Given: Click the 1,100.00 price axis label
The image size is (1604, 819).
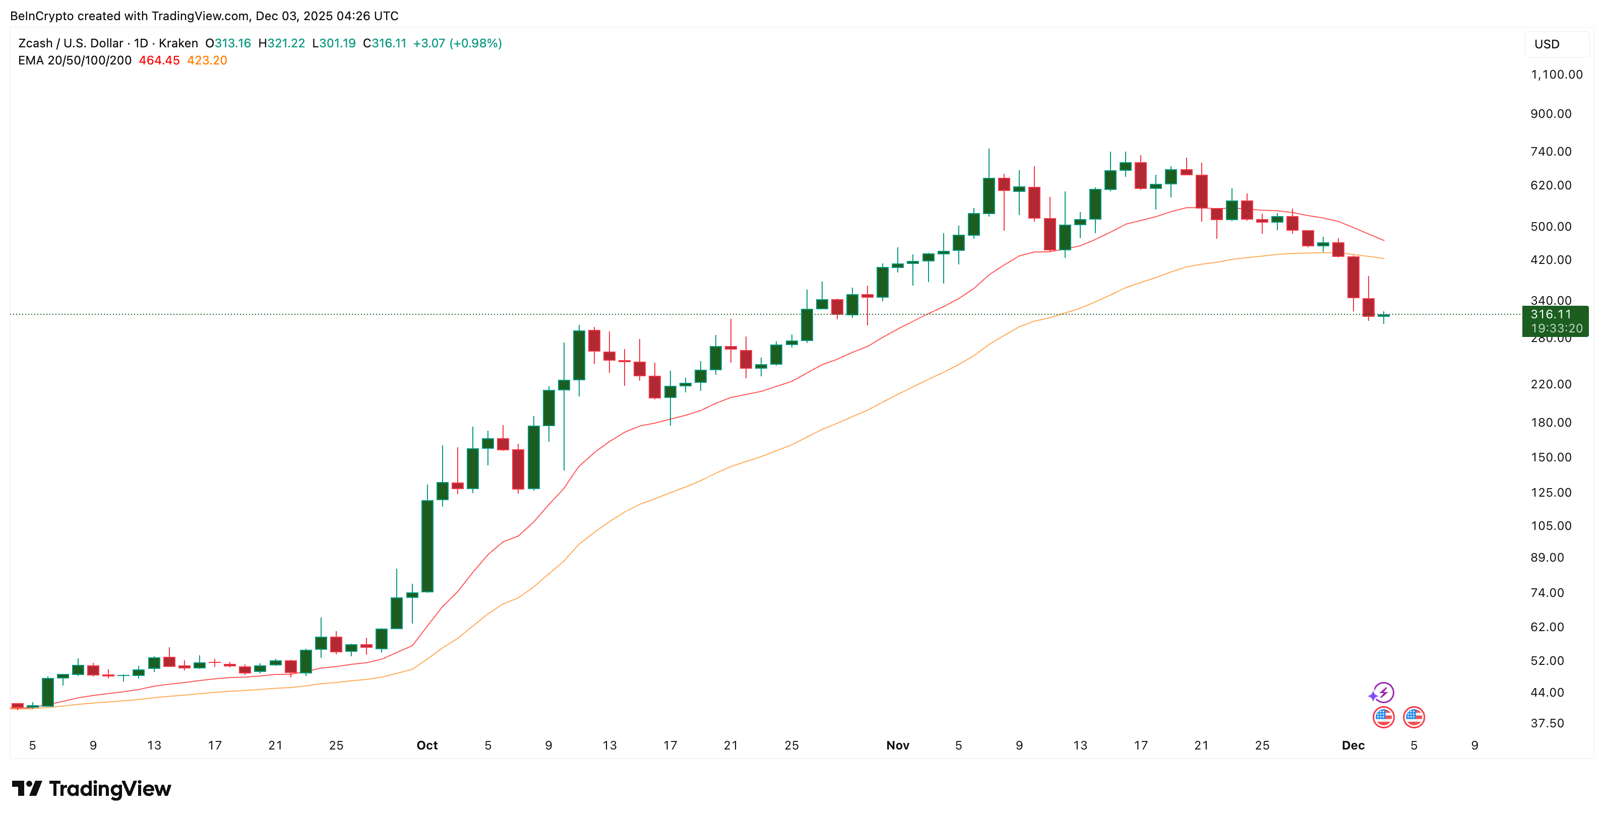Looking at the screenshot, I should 1556,75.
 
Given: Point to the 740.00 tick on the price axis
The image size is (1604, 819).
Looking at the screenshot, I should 1551,152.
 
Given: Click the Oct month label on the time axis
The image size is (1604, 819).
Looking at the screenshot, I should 427,745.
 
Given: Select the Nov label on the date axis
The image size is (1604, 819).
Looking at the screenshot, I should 897,745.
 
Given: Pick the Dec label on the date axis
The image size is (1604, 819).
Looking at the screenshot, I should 1353,745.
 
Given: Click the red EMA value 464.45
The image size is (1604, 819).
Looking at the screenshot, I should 159,60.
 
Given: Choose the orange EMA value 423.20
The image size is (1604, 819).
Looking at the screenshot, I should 207,60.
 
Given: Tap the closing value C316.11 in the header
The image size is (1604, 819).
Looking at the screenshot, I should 384,43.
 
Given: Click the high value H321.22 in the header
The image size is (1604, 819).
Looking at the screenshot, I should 281,43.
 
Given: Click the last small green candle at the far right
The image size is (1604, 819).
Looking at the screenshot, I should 1384,315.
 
